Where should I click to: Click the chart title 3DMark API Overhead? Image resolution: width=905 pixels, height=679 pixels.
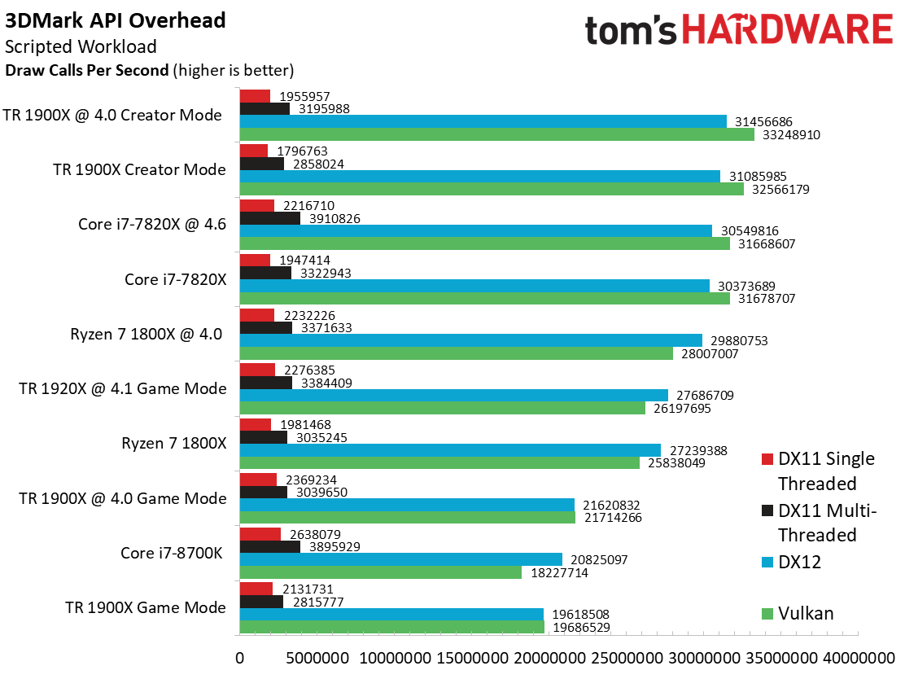point(116,20)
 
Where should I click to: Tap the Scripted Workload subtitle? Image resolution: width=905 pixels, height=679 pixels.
point(81,46)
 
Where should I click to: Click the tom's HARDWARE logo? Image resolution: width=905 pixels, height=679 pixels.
point(738,31)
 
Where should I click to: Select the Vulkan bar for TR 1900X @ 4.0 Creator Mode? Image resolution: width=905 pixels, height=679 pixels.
point(497,134)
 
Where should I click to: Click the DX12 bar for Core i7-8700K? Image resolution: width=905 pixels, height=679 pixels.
point(400,559)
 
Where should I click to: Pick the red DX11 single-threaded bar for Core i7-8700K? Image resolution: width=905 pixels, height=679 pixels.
point(260,534)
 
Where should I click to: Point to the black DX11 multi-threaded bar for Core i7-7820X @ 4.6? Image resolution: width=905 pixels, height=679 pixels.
point(270,218)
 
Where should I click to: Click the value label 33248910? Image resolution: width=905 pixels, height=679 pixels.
point(790,134)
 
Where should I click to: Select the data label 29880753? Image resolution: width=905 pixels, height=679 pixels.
point(738,340)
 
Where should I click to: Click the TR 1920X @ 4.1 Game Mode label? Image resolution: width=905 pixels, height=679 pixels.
point(123,388)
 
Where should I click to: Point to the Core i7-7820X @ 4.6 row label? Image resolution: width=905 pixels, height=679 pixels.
point(152,224)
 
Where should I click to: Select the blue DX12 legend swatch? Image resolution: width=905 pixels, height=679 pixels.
point(767,563)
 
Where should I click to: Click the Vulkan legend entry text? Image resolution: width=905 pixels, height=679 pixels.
point(806,613)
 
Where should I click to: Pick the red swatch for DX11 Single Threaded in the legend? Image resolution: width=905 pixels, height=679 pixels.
point(767,459)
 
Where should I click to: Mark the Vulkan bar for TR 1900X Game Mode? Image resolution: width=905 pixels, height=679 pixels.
point(391,627)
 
